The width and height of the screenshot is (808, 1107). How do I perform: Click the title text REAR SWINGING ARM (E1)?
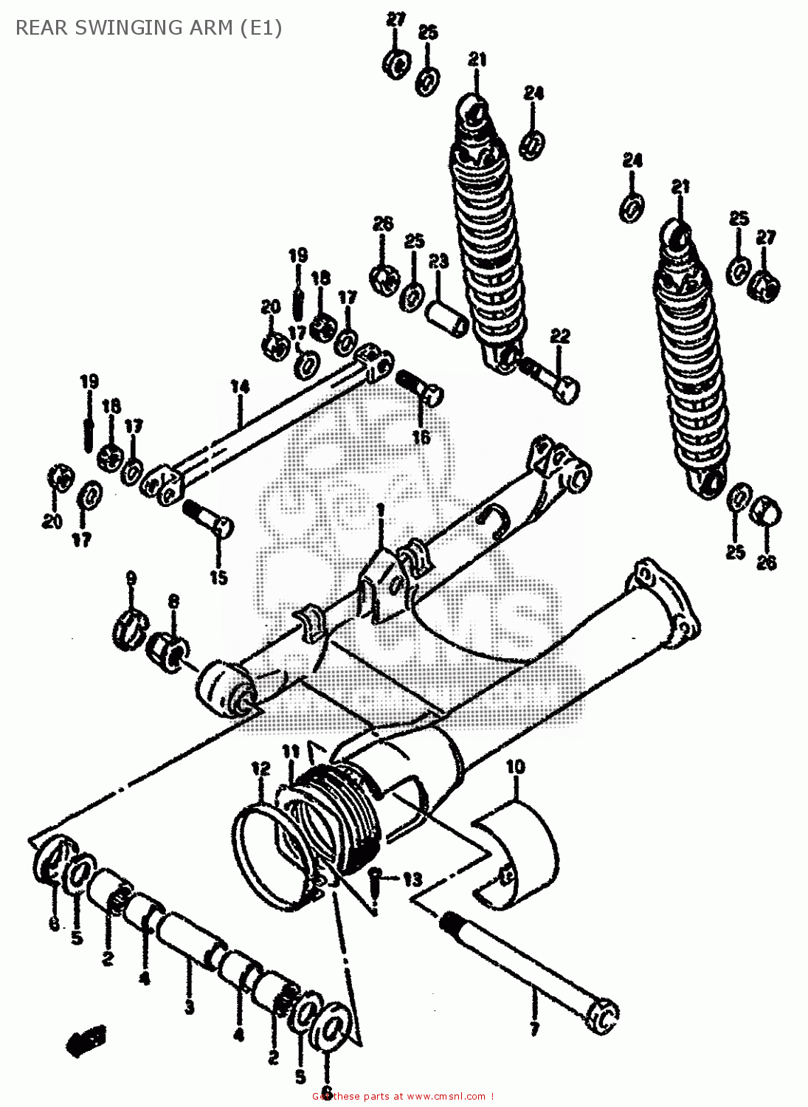click(x=148, y=28)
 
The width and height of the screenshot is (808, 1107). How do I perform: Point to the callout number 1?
click(x=380, y=511)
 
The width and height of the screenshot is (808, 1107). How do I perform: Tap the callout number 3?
click(x=189, y=1007)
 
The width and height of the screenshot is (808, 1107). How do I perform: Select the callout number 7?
click(x=534, y=1028)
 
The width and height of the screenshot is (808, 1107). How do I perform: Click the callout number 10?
click(x=515, y=767)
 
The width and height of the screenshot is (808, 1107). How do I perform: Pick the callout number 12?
click(x=260, y=770)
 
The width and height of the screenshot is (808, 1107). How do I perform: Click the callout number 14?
click(x=240, y=386)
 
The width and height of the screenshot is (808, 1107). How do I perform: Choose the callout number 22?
click(x=560, y=337)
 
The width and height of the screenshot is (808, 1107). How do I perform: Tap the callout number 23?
click(x=438, y=261)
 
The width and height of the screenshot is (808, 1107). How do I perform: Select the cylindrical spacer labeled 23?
click(x=447, y=317)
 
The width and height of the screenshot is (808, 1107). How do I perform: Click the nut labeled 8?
click(x=169, y=652)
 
